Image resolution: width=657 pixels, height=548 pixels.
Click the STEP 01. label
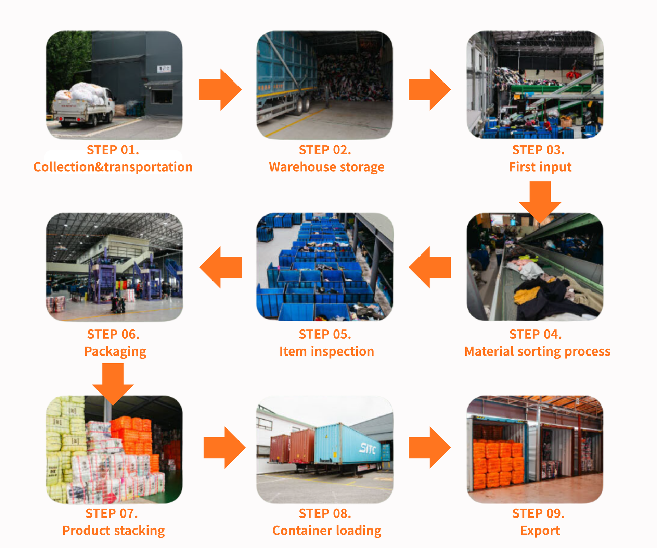click(x=113, y=150)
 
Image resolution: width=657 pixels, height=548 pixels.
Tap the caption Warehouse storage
click(x=326, y=167)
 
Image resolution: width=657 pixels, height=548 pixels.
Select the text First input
click(x=540, y=167)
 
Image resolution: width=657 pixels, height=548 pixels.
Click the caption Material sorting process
click(x=537, y=351)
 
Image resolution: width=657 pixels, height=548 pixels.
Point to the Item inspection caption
click(x=326, y=351)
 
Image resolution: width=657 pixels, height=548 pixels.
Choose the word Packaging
click(x=115, y=351)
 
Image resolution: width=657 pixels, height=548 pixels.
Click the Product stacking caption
click(x=113, y=531)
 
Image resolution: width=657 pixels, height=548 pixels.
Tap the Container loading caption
click(x=326, y=531)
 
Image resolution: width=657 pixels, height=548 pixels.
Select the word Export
click(x=540, y=531)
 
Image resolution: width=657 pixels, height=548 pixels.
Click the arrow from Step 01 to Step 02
click(x=221, y=90)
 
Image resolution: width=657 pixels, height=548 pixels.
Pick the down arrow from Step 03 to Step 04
click(x=540, y=200)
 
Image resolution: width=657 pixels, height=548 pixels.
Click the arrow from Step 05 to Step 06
click(x=221, y=267)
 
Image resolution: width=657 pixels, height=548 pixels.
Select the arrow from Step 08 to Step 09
click(x=430, y=447)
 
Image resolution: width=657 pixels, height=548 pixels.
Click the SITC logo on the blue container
click(x=368, y=448)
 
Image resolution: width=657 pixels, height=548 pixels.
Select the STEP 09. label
click(x=538, y=513)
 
